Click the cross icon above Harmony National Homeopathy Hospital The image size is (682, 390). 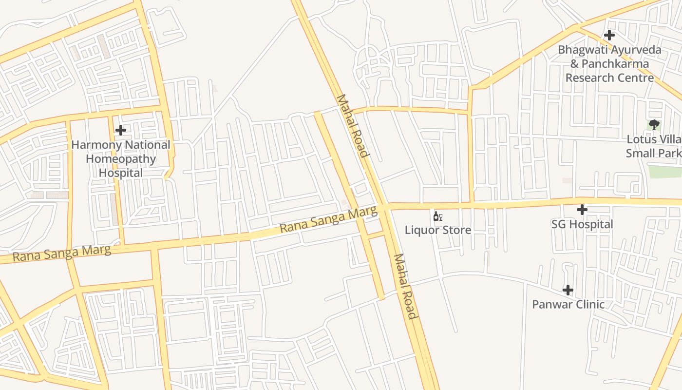pyautogui.click(x=121, y=130)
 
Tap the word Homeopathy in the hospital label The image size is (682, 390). pyautogui.click(x=121, y=159)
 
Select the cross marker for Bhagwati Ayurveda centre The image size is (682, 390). pyautogui.click(x=609, y=35)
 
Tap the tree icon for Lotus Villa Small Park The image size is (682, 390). pyautogui.click(x=654, y=125)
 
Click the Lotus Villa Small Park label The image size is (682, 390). pyautogui.click(x=654, y=146)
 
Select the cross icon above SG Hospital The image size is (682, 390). pyautogui.click(x=582, y=210)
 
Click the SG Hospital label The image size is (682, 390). pyautogui.click(x=582, y=224)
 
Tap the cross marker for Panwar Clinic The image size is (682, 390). pyautogui.click(x=568, y=290)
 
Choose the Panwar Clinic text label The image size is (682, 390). pyautogui.click(x=568, y=304)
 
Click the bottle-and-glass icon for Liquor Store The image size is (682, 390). pyautogui.click(x=437, y=216)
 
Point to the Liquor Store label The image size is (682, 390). pyautogui.click(x=437, y=230)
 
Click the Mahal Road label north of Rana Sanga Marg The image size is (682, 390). pyautogui.click(x=351, y=126)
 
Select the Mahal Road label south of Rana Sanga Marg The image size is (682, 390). pyautogui.click(x=406, y=286)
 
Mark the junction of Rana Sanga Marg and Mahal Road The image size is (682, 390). pyautogui.click(x=384, y=207)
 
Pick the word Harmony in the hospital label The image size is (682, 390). pyautogui.click(x=95, y=145)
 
